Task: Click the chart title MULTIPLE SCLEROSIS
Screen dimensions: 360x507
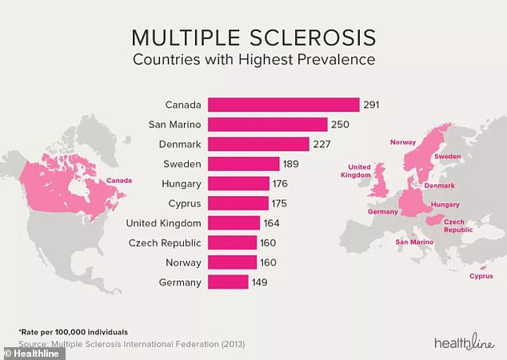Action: [x=253, y=38]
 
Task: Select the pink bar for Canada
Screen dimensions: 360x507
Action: [x=283, y=105]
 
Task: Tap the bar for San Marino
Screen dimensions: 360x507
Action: [x=268, y=124]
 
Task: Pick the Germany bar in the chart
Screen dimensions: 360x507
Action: [x=228, y=282]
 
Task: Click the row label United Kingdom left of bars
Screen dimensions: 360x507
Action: [x=163, y=222]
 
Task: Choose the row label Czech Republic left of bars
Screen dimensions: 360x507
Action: [x=164, y=242]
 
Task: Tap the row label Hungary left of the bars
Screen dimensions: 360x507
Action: [x=180, y=183]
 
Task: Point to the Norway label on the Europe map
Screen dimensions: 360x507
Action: [x=401, y=142]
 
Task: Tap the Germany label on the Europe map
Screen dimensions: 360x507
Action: [x=382, y=211]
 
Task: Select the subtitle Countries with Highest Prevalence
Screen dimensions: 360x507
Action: [x=253, y=60]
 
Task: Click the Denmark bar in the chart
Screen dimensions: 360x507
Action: [x=258, y=144]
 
